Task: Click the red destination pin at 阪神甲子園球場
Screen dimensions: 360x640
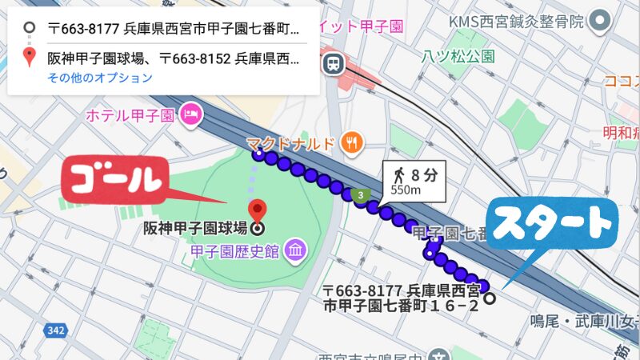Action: pos(257,211)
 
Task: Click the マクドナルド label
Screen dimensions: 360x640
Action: pos(290,144)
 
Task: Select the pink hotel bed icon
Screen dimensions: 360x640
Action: pos(190,115)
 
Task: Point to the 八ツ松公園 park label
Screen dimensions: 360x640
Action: pos(458,57)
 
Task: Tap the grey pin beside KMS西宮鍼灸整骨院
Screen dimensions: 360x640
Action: pos(599,21)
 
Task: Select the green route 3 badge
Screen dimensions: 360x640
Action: pos(361,194)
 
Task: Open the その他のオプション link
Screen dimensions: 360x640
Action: pos(99,78)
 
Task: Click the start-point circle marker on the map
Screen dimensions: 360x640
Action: pos(490,298)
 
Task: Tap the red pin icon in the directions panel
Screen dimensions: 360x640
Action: pos(30,57)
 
